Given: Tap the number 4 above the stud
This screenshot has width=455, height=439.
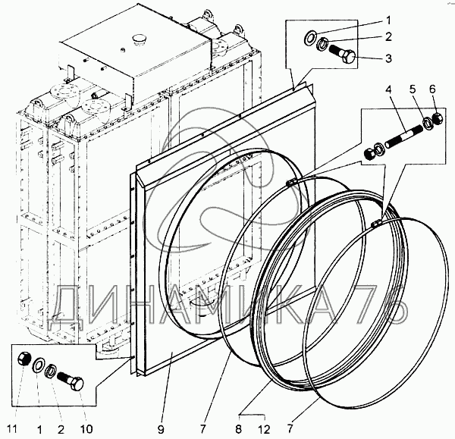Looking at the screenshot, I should coord(388,89).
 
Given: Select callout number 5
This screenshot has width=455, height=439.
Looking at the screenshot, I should coord(413,89).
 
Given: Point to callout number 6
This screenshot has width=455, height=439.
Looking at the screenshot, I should coord(433,89).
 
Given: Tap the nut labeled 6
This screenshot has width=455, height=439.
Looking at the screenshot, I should coord(438,118).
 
